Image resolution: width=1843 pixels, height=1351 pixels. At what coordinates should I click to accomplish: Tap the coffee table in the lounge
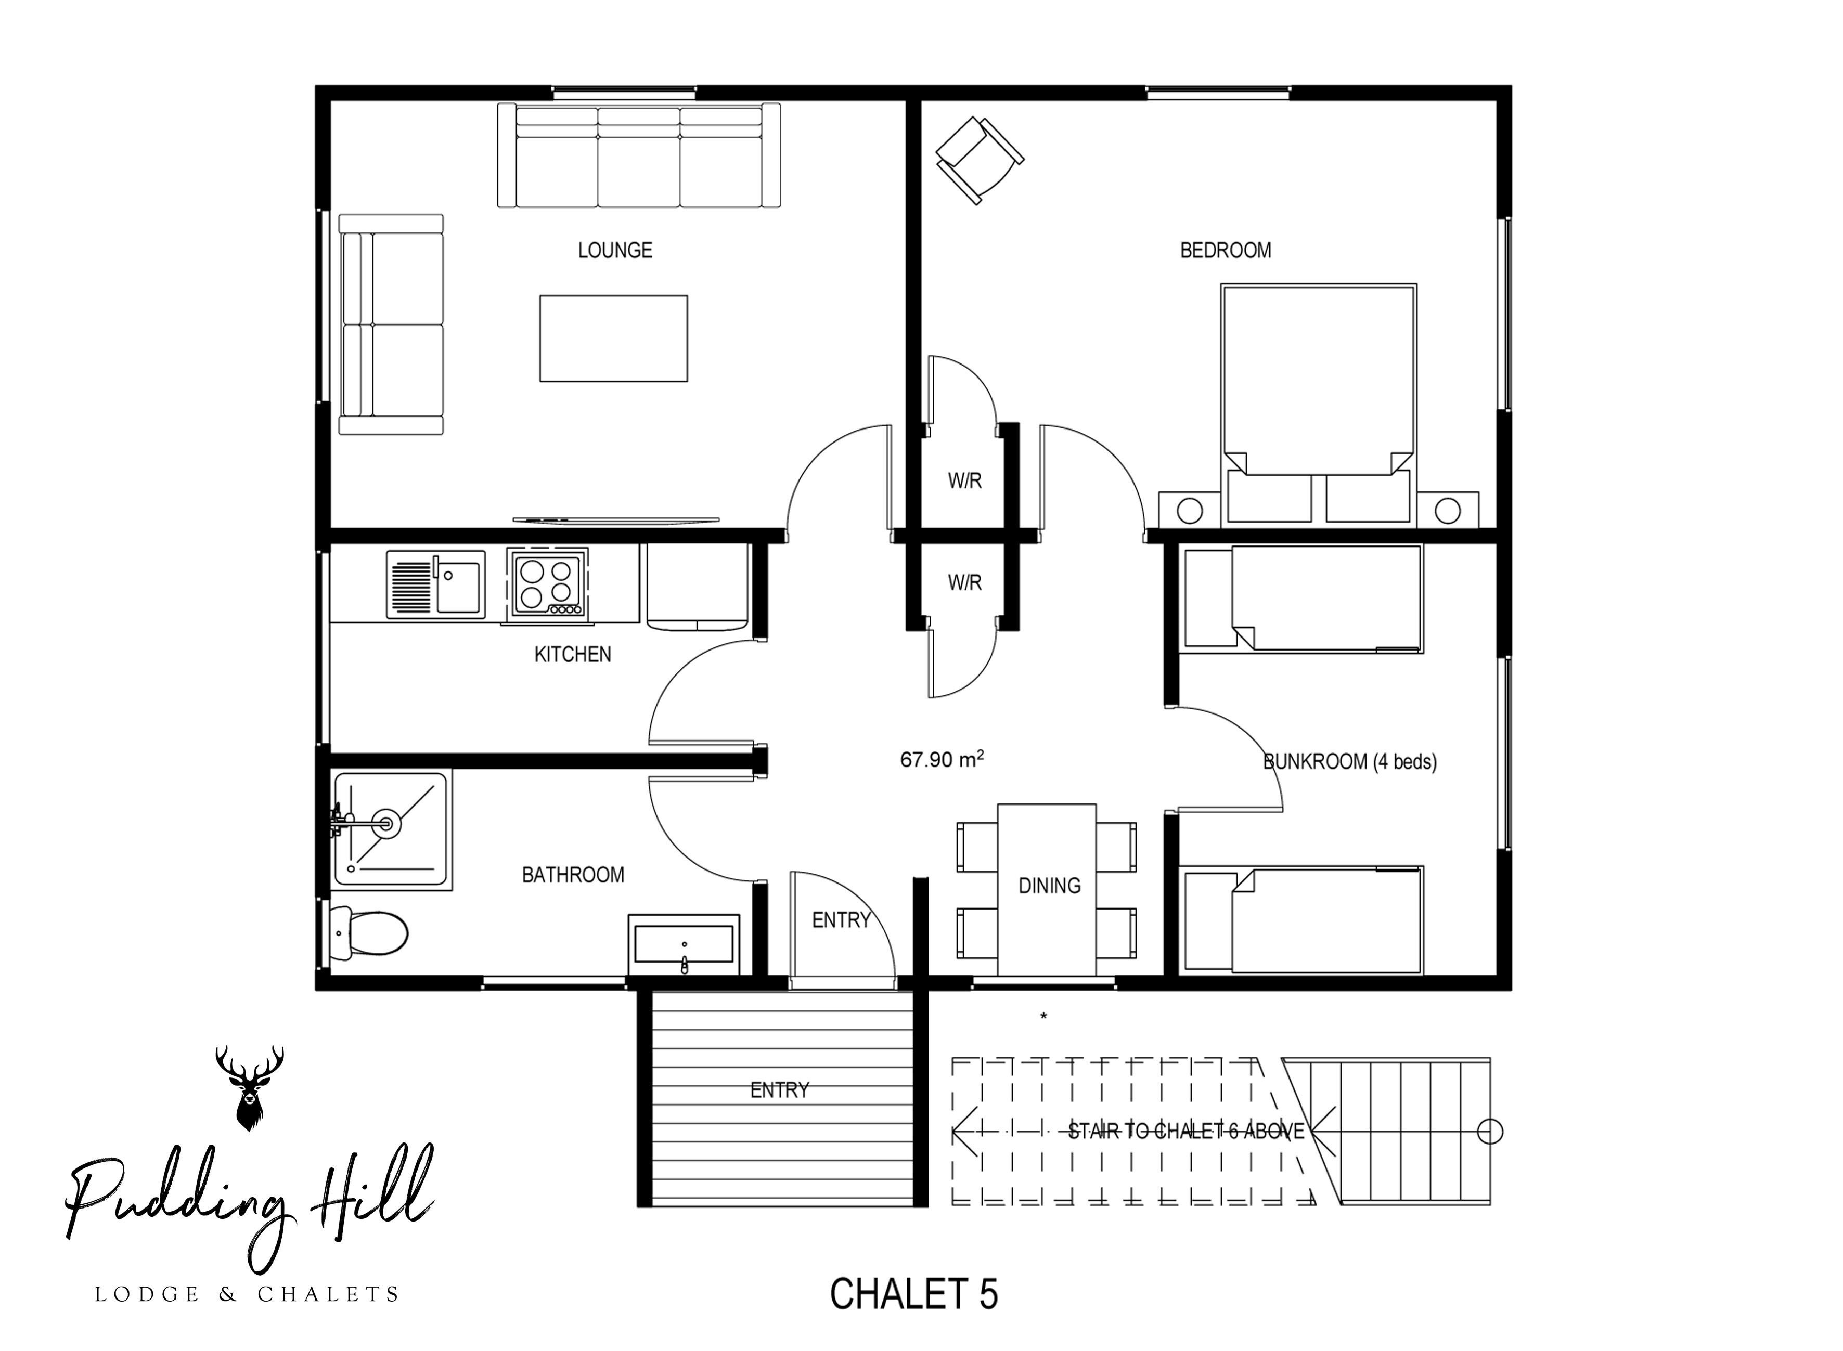[x=613, y=338]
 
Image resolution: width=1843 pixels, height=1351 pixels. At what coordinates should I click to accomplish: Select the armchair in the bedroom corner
[x=979, y=160]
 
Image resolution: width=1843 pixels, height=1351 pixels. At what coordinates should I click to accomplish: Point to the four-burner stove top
[x=546, y=582]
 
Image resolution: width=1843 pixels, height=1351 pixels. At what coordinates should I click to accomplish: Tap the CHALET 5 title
[x=914, y=1294]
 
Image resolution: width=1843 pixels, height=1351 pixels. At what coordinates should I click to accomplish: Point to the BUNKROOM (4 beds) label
[x=1350, y=762]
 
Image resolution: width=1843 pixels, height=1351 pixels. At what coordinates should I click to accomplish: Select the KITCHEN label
[x=573, y=654]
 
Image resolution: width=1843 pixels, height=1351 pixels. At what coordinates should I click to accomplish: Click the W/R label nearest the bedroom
[x=964, y=482]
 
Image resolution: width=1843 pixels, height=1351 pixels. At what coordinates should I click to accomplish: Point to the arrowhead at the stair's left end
[x=959, y=1132]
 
